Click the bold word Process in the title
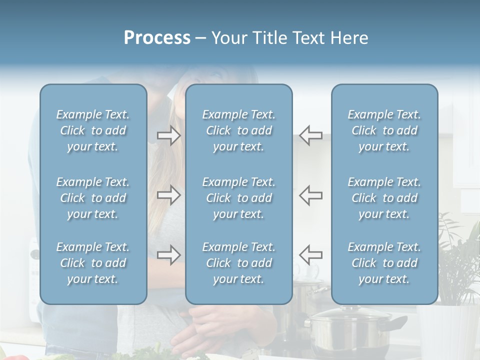coord(157,38)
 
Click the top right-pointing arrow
coord(169,135)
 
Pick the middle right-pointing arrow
coord(169,194)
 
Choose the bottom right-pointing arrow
coord(169,254)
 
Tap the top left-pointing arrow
coord(310,135)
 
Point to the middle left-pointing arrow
coord(310,194)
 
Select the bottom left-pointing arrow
coord(310,254)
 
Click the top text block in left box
coord(93,130)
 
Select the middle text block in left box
coord(93,198)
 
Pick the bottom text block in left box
coord(93,263)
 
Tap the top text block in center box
coord(238,130)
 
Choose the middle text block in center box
coord(238,198)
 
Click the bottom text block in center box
coord(238,263)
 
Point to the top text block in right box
coord(384,130)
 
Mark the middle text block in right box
coord(384,198)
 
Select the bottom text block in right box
coord(384,263)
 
